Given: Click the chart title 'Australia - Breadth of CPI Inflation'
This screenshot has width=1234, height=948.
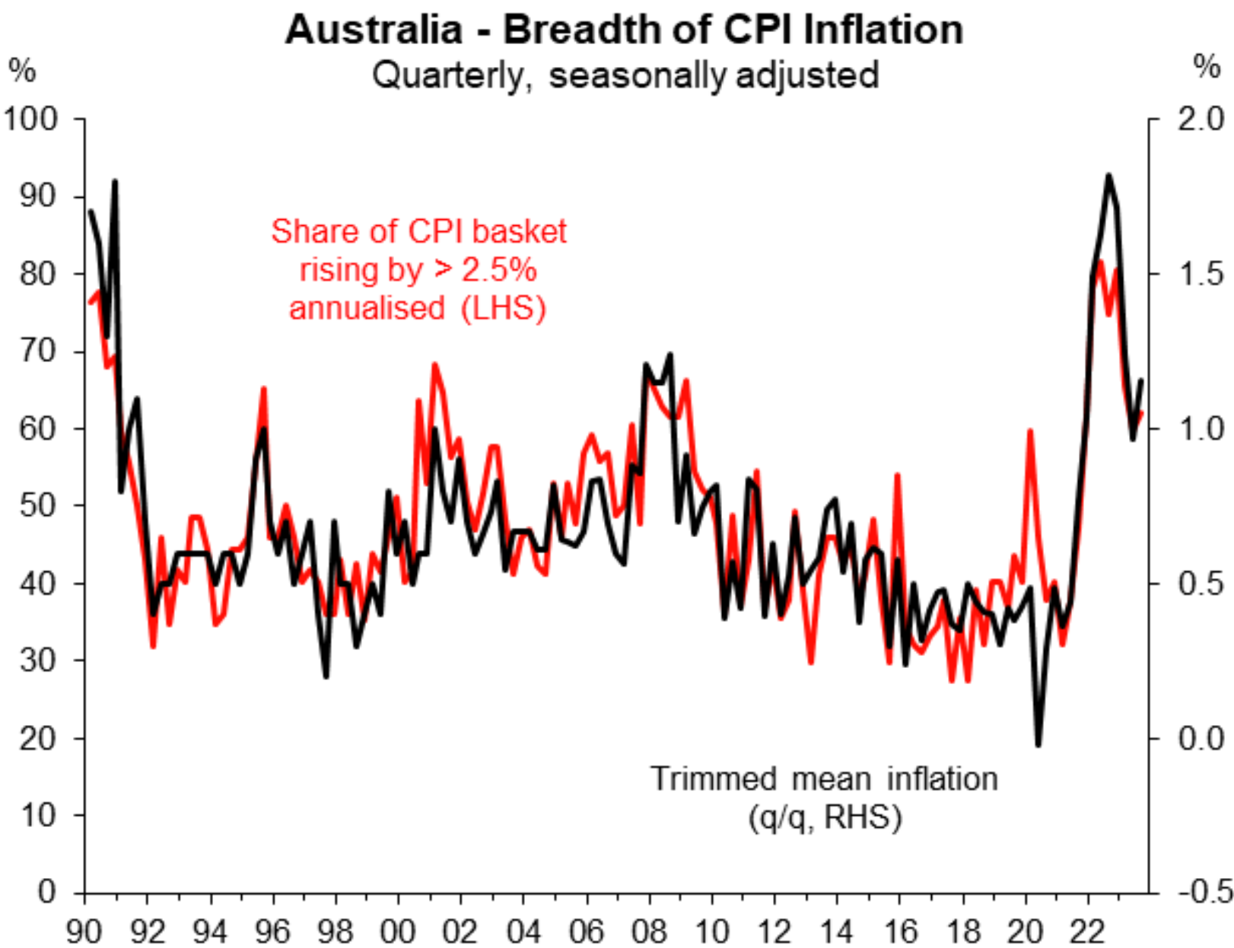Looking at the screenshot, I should coord(624,30).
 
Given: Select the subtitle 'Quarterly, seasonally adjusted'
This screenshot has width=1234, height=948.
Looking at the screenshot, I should coord(625,75).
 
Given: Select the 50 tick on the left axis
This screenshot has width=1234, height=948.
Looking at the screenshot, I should coord(38,505).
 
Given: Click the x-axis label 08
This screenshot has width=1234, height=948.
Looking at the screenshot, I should coord(648,931).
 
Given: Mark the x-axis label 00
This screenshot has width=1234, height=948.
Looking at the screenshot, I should coord(397,931).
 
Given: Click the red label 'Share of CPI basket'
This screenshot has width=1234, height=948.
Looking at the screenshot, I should coord(418,231).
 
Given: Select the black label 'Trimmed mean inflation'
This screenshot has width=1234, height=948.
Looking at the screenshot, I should coord(824,779).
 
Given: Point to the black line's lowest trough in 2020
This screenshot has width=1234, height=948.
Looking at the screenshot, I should coord(1038,745).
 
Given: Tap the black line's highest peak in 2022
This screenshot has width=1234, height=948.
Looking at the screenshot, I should coord(1108,175).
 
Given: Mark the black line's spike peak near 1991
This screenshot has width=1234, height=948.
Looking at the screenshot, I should coord(115,181).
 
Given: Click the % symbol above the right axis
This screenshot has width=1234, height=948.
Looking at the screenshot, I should coord(1207,67).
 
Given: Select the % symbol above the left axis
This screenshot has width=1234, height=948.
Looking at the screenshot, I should coord(22,71).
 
